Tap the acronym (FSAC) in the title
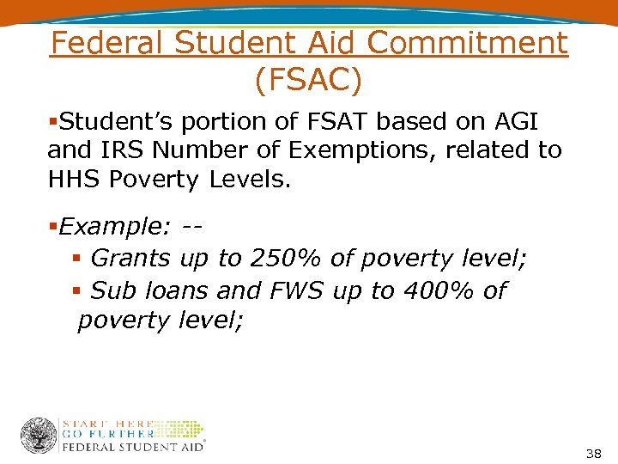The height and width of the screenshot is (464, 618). (x=308, y=81)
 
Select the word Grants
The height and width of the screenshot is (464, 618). (x=132, y=258)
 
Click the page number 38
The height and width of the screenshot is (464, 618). (x=592, y=452)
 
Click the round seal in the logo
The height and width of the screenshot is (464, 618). (x=39, y=436)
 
